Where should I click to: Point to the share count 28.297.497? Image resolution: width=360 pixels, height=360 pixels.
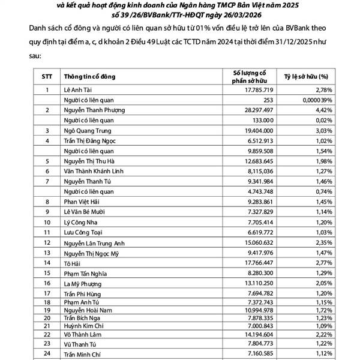pyautogui.click(x=255, y=110)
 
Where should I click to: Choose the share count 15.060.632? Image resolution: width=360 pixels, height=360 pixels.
pyautogui.click(x=255, y=242)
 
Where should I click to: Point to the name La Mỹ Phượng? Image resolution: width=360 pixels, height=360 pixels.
pyautogui.click(x=85, y=283)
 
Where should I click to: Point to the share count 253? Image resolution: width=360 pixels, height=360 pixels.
pyautogui.click(x=268, y=100)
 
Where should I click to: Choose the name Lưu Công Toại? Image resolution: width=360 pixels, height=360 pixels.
pyautogui.click(x=85, y=232)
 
